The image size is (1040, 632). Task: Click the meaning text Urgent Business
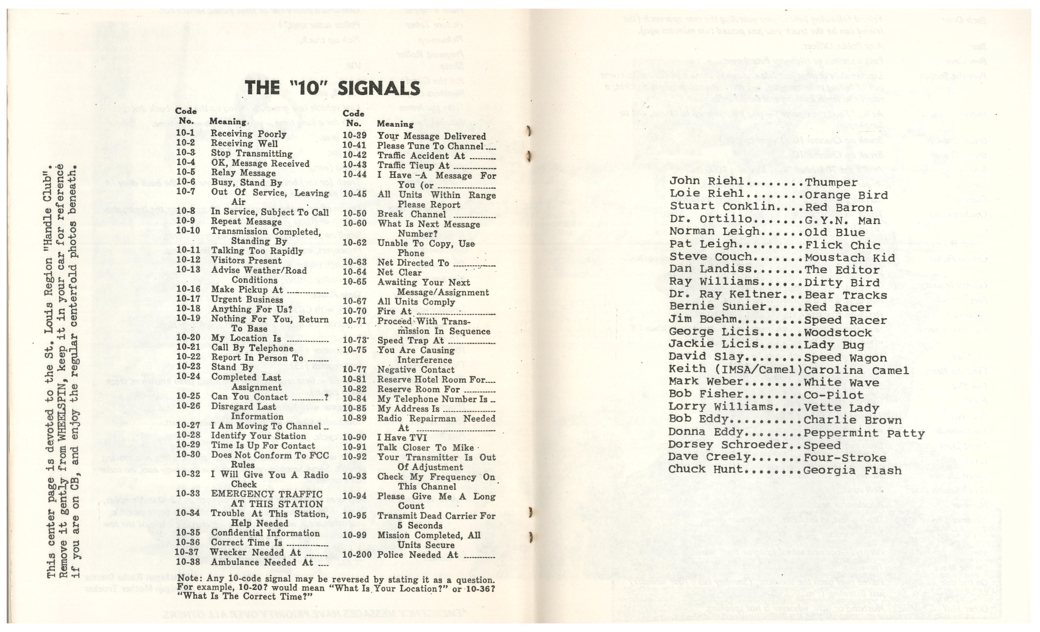click(x=247, y=300)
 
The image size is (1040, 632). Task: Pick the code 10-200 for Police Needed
click(x=357, y=555)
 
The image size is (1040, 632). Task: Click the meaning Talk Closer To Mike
click(x=425, y=448)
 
